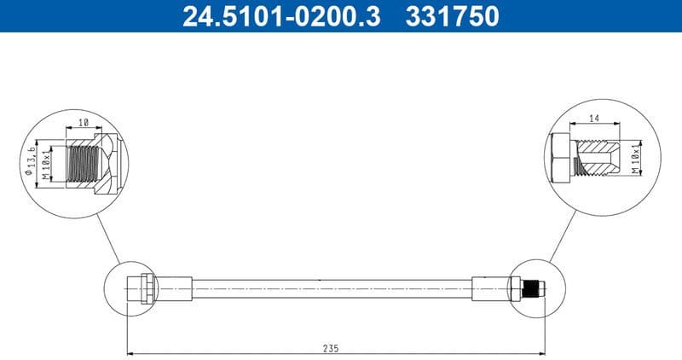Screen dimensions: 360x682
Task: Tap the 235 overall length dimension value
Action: (331, 347)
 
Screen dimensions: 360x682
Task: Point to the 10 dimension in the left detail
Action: (83, 123)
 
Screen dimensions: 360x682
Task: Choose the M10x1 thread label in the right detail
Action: (635, 159)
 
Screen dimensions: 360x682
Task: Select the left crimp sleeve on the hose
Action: (175, 287)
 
